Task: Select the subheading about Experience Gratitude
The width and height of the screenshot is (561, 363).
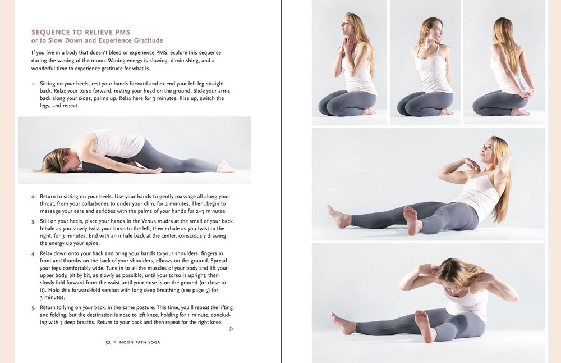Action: click(97, 40)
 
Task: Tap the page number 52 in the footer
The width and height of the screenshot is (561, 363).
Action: click(108, 342)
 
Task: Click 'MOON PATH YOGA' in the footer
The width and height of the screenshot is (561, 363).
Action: click(140, 342)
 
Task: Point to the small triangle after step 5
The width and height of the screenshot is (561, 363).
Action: click(232, 329)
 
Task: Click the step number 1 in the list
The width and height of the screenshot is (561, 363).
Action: click(33, 84)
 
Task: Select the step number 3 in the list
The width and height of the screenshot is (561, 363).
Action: click(34, 221)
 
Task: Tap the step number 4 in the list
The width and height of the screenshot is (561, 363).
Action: click(34, 253)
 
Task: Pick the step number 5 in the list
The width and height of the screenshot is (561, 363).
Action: click(34, 308)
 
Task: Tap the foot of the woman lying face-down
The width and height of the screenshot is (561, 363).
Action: click(226, 166)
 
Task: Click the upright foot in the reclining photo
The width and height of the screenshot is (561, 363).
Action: click(411, 219)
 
